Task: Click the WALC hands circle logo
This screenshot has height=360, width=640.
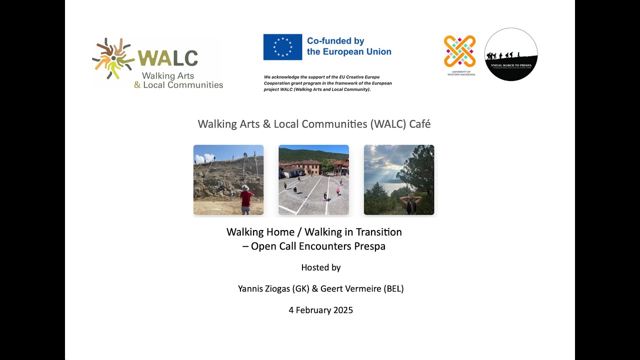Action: [x=113, y=58]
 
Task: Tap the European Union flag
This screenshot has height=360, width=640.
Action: [x=282, y=47]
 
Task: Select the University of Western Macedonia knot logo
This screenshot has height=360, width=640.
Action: [x=459, y=51]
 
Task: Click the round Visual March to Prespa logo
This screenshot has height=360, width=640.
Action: [x=511, y=54]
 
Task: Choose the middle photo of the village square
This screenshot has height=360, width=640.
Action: [x=313, y=180]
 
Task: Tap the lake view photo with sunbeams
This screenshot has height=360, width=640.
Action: [x=399, y=180]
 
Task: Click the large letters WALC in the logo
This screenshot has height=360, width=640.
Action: [x=168, y=58]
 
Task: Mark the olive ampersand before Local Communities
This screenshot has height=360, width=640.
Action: [x=137, y=85]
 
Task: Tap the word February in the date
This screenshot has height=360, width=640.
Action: [x=314, y=310]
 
